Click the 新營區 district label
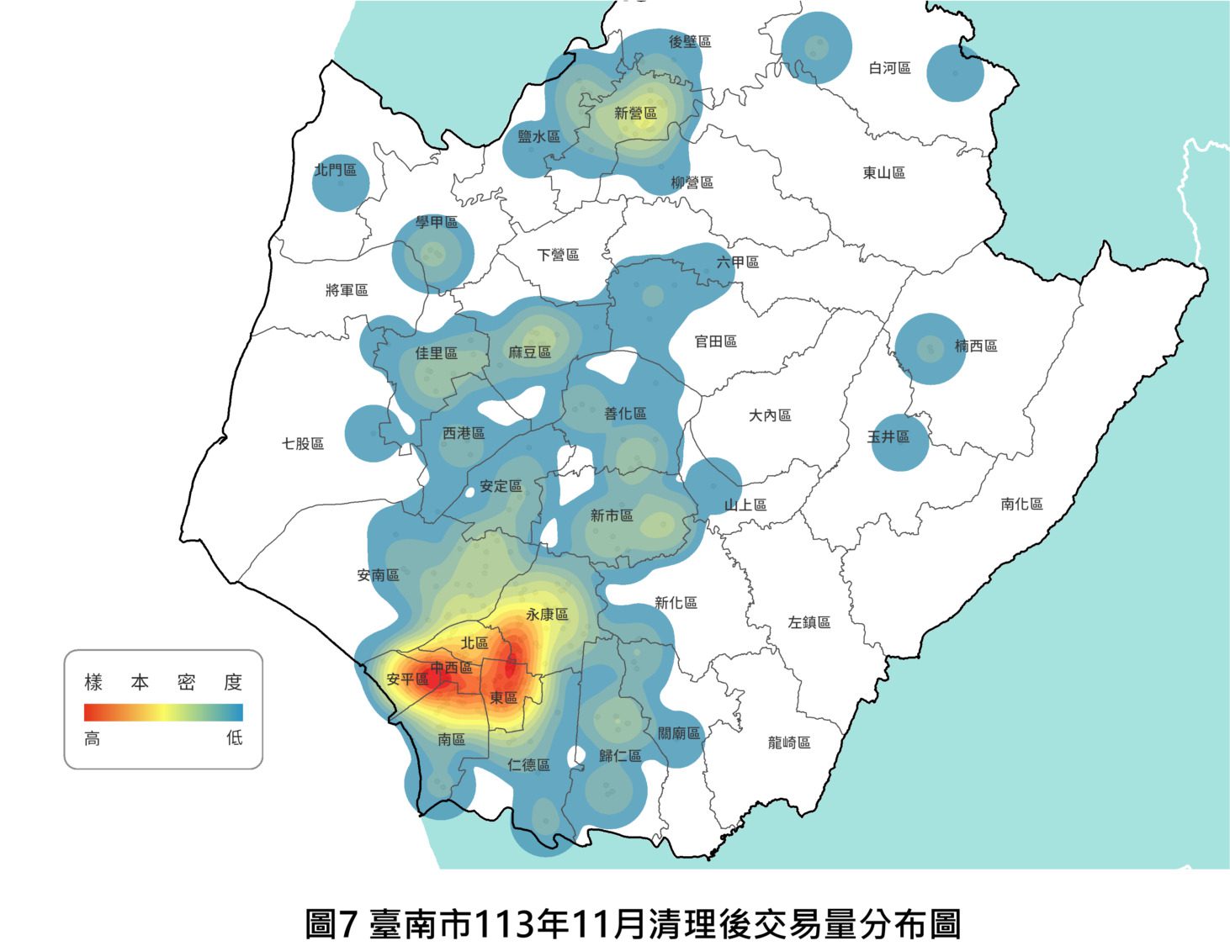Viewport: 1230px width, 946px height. [x=635, y=114]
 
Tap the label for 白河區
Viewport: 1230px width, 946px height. [x=889, y=68]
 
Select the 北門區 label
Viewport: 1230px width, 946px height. [x=336, y=170]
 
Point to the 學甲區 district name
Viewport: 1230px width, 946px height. [x=437, y=222]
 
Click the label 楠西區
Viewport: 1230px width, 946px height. [x=976, y=346]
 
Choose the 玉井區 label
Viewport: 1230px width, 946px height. [x=888, y=436]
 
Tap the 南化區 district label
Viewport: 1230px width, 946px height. [x=1021, y=504]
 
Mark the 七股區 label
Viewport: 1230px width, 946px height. [x=303, y=443]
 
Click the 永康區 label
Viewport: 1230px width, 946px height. [x=547, y=615]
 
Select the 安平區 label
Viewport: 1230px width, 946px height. [x=407, y=679]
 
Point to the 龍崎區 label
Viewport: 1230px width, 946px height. [x=789, y=743]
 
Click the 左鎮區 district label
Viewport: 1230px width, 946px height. [x=809, y=622]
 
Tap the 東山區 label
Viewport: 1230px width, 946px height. [x=883, y=172]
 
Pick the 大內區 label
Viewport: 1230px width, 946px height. [x=770, y=415]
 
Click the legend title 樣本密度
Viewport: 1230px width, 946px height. [x=163, y=682]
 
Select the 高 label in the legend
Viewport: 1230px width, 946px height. [x=93, y=738]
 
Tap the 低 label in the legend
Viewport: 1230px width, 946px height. [x=234, y=738]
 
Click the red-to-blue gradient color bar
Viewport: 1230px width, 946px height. [x=163, y=712]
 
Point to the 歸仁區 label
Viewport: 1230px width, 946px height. [x=620, y=756]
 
